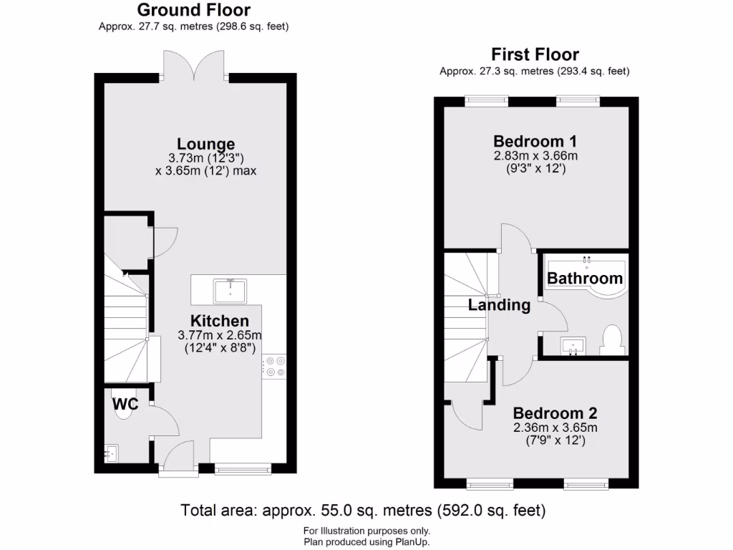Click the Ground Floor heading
point(193,10)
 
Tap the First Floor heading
point(535,54)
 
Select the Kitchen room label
point(220,320)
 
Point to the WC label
point(125,404)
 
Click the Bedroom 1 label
point(535,140)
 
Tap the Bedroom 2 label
point(555,413)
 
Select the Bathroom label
point(585,278)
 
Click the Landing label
point(499,305)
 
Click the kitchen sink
point(230,290)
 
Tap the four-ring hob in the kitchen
point(273,366)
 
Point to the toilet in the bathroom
point(611,340)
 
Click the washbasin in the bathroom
point(573,347)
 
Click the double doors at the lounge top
point(195,65)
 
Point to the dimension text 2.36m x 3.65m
point(555,428)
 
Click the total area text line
point(363,511)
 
